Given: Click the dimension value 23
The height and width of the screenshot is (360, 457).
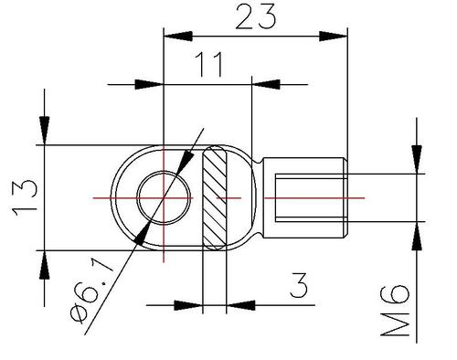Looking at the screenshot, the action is [x=256, y=17].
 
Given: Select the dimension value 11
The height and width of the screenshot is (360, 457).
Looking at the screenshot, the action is [x=210, y=64].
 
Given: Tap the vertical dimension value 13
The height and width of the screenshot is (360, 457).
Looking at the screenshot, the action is [x=25, y=198].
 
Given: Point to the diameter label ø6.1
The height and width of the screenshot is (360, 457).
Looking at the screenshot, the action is [x=91, y=291].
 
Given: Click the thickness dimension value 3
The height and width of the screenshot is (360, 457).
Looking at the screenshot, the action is [x=299, y=285].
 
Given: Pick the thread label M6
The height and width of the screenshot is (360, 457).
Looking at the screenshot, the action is [x=395, y=310].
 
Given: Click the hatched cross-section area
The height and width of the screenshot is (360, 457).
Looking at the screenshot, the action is [x=215, y=198].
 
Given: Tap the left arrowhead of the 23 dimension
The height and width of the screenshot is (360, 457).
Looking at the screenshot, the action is [x=178, y=37].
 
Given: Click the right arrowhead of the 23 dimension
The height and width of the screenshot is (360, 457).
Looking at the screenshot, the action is [x=333, y=37].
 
